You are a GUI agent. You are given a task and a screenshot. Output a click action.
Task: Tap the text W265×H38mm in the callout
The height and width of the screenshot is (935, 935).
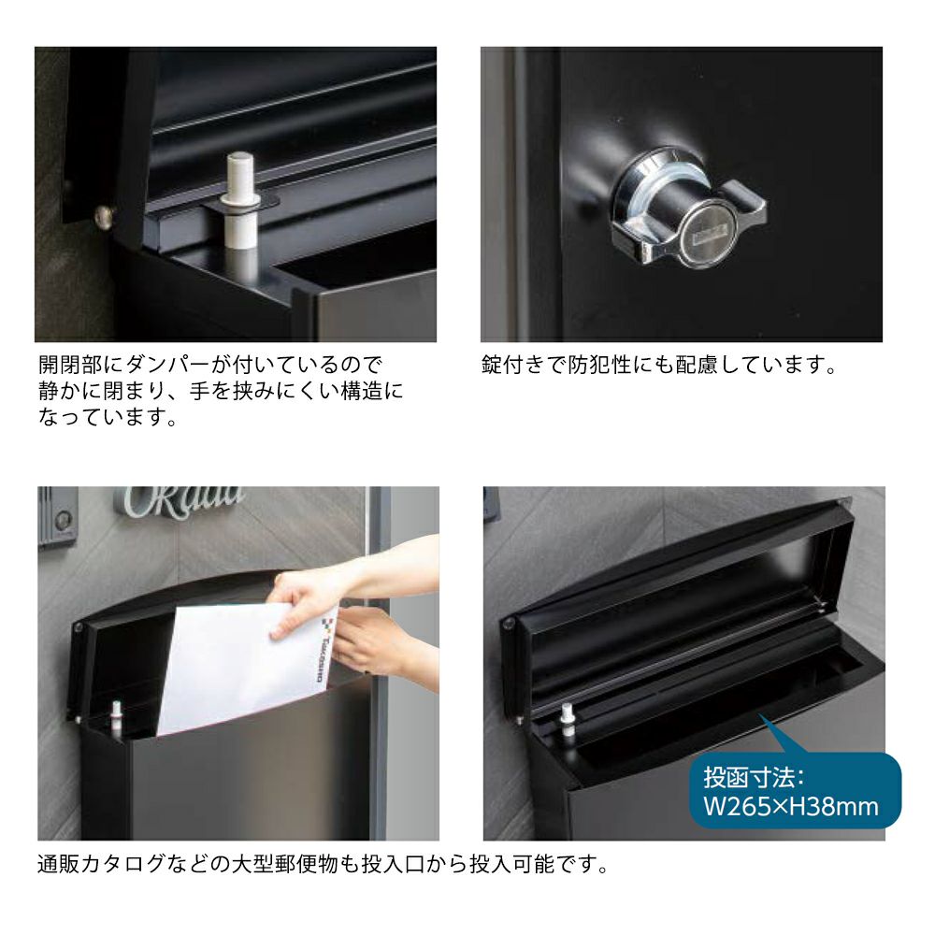(x=791, y=807)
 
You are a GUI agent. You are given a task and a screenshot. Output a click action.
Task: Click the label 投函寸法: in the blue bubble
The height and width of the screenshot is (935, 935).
(x=755, y=778)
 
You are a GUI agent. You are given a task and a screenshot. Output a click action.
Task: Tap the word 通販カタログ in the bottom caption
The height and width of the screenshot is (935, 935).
(x=101, y=863)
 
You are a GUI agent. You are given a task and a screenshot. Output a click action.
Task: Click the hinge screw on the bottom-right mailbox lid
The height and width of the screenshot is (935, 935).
(x=508, y=624)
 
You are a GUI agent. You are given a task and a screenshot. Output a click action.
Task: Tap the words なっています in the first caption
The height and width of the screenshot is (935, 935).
(x=101, y=417)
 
